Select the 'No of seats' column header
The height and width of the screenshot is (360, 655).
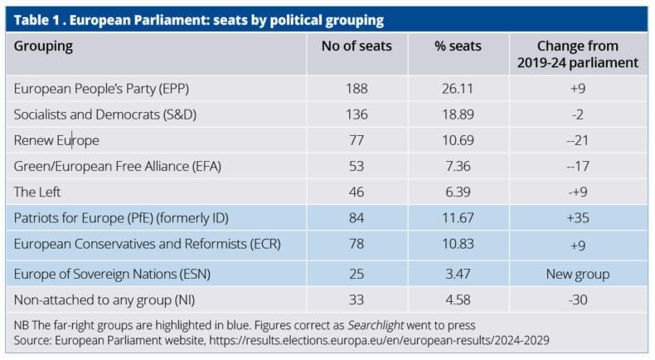tap(357, 46)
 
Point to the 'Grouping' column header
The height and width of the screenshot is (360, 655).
tap(43, 46)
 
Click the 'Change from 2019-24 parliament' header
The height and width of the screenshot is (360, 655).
tap(577, 54)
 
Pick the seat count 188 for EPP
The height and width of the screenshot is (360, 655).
tap(357, 88)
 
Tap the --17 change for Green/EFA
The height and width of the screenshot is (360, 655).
tap(577, 166)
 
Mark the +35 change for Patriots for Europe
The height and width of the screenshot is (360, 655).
tap(577, 219)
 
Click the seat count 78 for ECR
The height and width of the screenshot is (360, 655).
tap(357, 246)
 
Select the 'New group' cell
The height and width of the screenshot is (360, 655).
tap(577, 272)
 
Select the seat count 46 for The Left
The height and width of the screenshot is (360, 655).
tap(357, 192)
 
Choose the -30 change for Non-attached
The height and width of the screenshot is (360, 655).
tap(577, 298)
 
